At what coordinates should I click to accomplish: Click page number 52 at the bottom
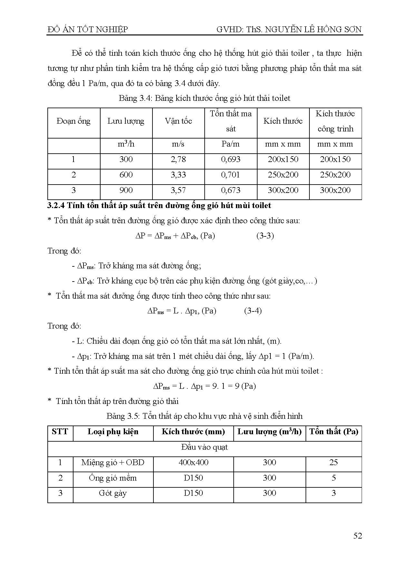coord(357,536)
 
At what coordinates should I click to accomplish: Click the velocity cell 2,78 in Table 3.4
coord(178,159)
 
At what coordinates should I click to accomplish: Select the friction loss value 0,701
coord(230,175)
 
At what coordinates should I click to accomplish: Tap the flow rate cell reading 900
coord(126,190)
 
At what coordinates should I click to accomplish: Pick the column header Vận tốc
coord(178,121)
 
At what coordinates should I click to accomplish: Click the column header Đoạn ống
coord(73,121)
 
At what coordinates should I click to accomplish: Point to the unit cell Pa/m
coord(230,144)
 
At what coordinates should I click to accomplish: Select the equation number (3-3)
coord(265,236)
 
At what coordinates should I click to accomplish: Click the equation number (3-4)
coord(253,311)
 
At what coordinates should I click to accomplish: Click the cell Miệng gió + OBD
coord(113,463)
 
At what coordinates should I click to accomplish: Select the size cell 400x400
coord(193,463)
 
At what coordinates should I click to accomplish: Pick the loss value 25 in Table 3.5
coord(334,463)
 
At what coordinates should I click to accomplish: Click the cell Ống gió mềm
coord(113,478)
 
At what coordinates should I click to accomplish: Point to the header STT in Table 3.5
coord(60,432)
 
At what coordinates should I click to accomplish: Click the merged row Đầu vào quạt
coord(204,447)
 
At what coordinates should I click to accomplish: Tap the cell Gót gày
coord(113,493)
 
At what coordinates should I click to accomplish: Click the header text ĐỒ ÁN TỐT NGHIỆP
coord(88,30)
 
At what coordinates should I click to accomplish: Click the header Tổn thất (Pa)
coord(334,432)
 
